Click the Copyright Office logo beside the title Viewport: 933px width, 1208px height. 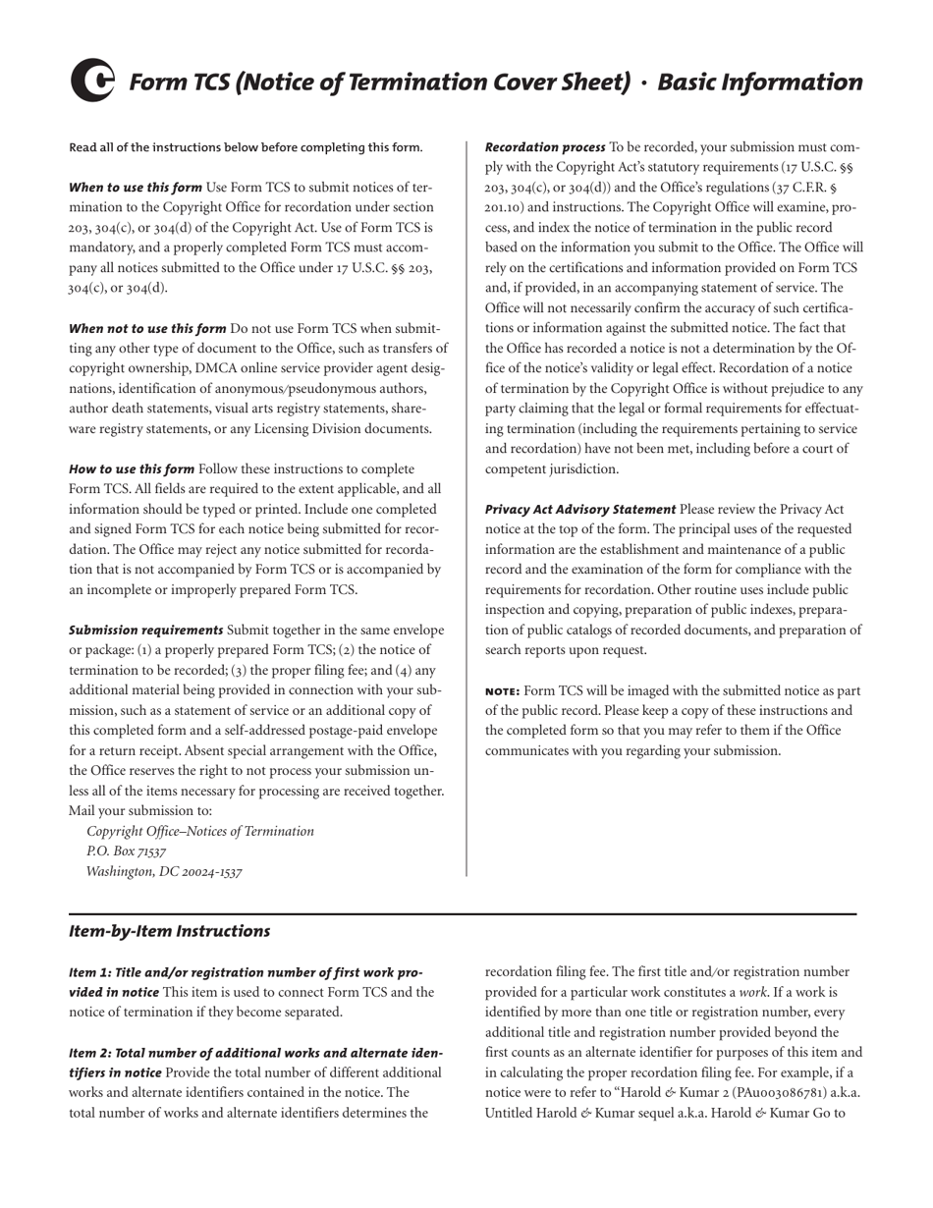(x=92, y=81)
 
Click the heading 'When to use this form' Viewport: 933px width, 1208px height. (x=136, y=187)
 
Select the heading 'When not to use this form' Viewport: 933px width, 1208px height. (x=147, y=328)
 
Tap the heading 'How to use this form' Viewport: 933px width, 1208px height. (x=132, y=468)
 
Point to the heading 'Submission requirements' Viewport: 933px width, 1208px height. (x=146, y=630)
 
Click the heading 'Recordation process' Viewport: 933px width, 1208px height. (x=545, y=147)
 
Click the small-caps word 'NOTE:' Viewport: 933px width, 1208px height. (x=504, y=690)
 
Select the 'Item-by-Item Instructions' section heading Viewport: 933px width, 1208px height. (x=169, y=930)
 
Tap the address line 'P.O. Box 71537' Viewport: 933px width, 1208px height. (x=126, y=851)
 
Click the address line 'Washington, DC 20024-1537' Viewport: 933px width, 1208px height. (x=164, y=871)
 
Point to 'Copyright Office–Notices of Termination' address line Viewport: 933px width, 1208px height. (x=200, y=831)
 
